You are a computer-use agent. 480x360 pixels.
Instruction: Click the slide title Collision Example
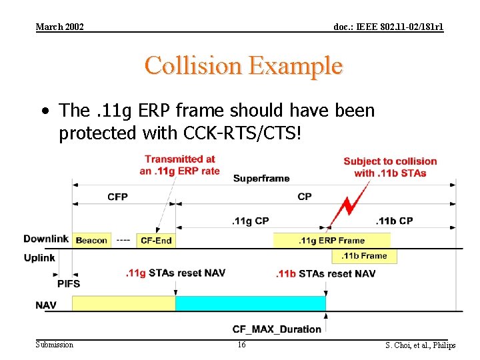pyautogui.click(x=243, y=66)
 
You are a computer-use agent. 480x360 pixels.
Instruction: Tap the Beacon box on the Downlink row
pyautogui.click(x=91, y=240)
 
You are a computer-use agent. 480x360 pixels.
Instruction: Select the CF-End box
pyautogui.click(x=155, y=240)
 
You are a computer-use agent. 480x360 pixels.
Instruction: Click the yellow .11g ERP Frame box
pyautogui.click(x=331, y=240)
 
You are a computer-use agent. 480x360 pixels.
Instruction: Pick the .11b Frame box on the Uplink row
pyautogui.click(x=364, y=255)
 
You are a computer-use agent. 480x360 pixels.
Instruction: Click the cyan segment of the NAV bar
pyautogui.click(x=251, y=304)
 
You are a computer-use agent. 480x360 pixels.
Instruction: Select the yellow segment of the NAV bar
pyautogui.click(x=123, y=304)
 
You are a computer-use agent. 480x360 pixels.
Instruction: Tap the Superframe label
pyautogui.click(x=261, y=179)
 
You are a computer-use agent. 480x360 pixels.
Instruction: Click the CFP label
pyautogui.click(x=117, y=197)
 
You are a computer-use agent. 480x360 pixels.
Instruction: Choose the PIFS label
pyautogui.click(x=68, y=283)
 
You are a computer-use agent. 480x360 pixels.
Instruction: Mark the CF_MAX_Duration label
pyautogui.click(x=277, y=329)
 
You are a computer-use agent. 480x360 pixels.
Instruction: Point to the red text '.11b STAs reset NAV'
pyautogui.click(x=326, y=273)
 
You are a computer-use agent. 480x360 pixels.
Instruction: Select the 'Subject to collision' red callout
pyautogui.click(x=390, y=167)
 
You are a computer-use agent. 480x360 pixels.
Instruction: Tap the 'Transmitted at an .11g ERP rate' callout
pyautogui.click(x=179, y=165)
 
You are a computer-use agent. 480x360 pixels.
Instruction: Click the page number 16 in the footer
pyautogui.click(x=241, y=345)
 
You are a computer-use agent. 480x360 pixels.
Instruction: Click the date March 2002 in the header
pyautogui.click(x=59, y=27)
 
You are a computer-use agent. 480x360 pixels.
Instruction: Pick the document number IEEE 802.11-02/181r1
pyautogui.click(x=388, y=27)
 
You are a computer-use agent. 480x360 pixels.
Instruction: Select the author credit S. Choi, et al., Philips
pyautogui.click(x=420, y=345)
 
